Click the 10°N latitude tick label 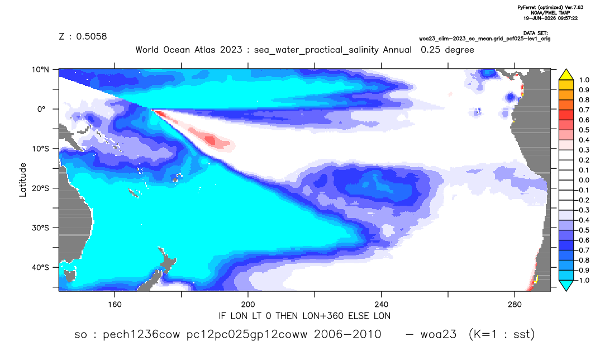pos(41,70)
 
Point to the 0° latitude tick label pos(41,109)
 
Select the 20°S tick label pos(41,188)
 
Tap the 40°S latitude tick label pos(41,267)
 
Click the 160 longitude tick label pos(115,305)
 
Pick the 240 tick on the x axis pos(381,305)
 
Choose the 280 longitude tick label pos(515,305)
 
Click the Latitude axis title pos(22,180)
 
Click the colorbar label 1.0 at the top pos(584,80)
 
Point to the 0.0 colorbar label pos(584,180)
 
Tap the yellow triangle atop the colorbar pos(566,74)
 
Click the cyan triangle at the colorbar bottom pos(566,285)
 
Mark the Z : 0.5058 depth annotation pos(83,36)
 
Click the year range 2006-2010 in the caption pos(347,334)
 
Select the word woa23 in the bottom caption pos(439,334)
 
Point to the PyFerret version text pos(550,7)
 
